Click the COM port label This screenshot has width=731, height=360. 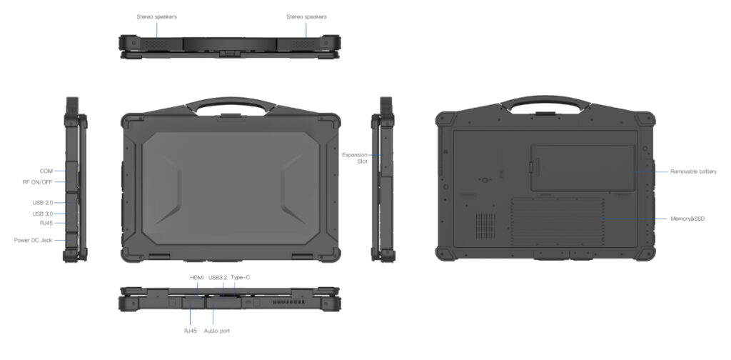coord(46,171)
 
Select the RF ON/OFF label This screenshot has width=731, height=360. coord(38,182)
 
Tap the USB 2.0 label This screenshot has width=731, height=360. coord(42,203)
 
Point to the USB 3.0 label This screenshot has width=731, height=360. coord(42,214)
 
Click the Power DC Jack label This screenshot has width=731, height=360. coord(33,240)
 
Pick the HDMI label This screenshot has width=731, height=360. coord(197,277)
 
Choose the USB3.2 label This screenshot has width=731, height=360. coord(218,277)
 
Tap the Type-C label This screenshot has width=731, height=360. coord(241,277)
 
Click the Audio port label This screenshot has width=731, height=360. coord(217,331)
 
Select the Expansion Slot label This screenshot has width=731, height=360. coord(355,158)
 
